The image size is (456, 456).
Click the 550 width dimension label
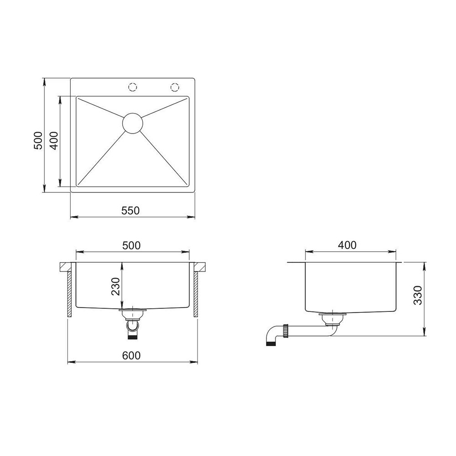tap(130, 210)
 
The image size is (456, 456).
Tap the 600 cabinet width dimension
tap(131, 355)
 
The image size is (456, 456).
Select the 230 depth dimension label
tap(116, 286)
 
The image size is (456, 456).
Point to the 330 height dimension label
tap(418, 295)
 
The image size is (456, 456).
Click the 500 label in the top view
tap(38, 140)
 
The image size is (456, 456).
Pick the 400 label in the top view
tap(54, 140)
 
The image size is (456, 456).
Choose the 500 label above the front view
tap(131, 245)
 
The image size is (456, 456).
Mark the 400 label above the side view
tap(347, 245)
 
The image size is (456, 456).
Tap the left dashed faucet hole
tap(133, 87)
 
